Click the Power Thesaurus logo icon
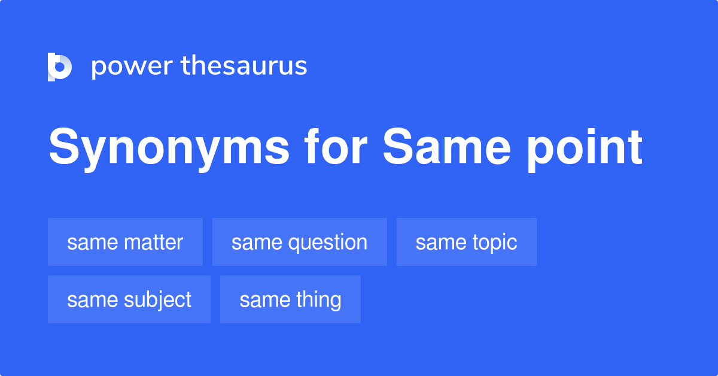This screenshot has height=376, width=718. point(59,66)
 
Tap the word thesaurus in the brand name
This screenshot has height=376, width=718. point(244,66)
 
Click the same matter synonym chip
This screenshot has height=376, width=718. point(125,242)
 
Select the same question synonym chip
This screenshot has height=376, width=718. point(299,242)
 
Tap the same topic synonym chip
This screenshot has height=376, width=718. point(466,242)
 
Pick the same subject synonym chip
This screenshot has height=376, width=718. point(129,299)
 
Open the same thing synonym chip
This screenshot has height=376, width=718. point(290,299)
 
